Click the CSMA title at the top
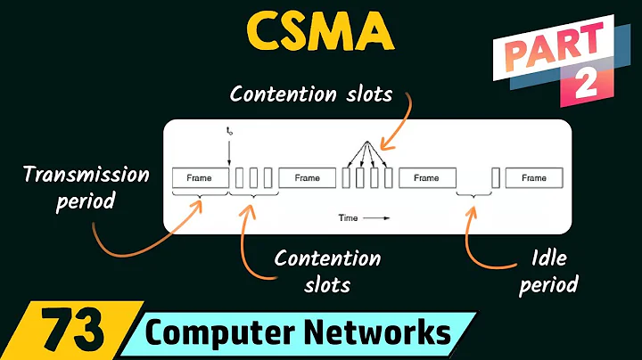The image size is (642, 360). [320, 33]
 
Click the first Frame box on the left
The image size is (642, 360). [199, 178]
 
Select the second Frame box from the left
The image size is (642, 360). [306, 178]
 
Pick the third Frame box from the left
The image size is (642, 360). [426, 178]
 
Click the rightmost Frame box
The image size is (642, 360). [533, 178]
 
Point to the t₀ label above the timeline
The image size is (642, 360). [229, 131]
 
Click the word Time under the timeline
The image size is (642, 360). [349, 217]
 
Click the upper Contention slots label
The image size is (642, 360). [309, 94]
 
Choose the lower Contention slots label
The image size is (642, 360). [327, 271]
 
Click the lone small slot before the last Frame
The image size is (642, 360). [495, 178]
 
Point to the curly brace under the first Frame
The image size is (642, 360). [200, 194]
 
